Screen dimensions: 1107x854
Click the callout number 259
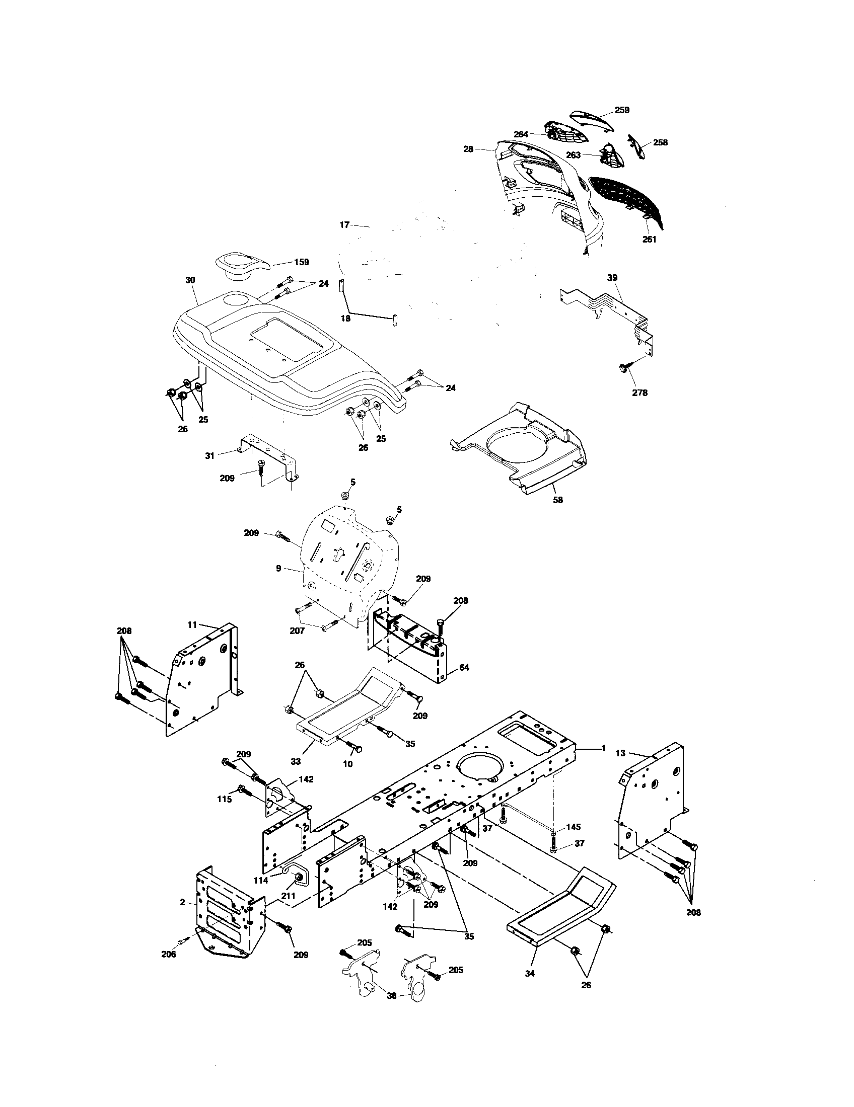[x=622, y=110]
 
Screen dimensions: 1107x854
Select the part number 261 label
[x=649, y=239]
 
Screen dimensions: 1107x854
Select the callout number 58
[x=559, y=500]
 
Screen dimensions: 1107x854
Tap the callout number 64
[x=464, y=668]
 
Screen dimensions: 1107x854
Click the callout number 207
[x=297, y=630]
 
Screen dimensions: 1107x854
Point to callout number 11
[x=192, y=625]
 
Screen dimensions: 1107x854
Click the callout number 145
[x=574, y=827]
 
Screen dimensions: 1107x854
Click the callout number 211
[x=289, y=896]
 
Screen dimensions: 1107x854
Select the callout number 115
[x=225, y=800]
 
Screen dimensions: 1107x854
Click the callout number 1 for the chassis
[x=603, y=748]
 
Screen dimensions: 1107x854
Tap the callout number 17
[x=344, y=224]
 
